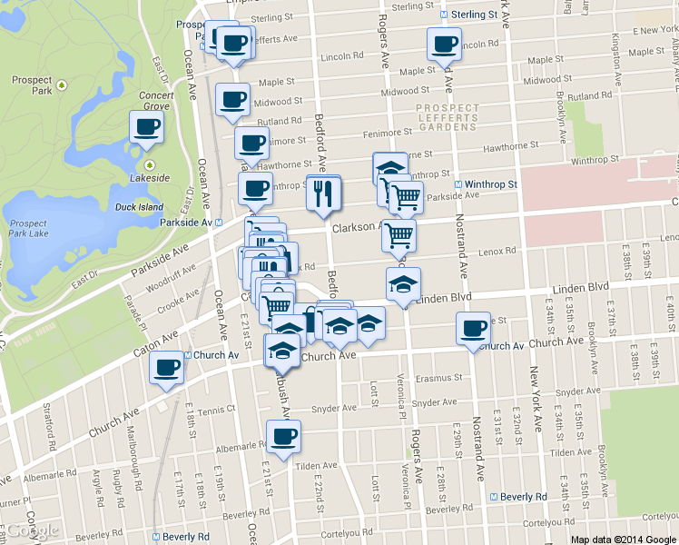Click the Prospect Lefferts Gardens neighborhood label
pyautogui.click(x=447, y=115)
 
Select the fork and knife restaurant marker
pyautogui.click(x=323, y=193)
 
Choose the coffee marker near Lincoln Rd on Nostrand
pyautogui.click(x=445, y=43)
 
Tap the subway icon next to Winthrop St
pyautogui.click(x=458, y=184)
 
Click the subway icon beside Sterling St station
pyautogui.click(x=443, y=15)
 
